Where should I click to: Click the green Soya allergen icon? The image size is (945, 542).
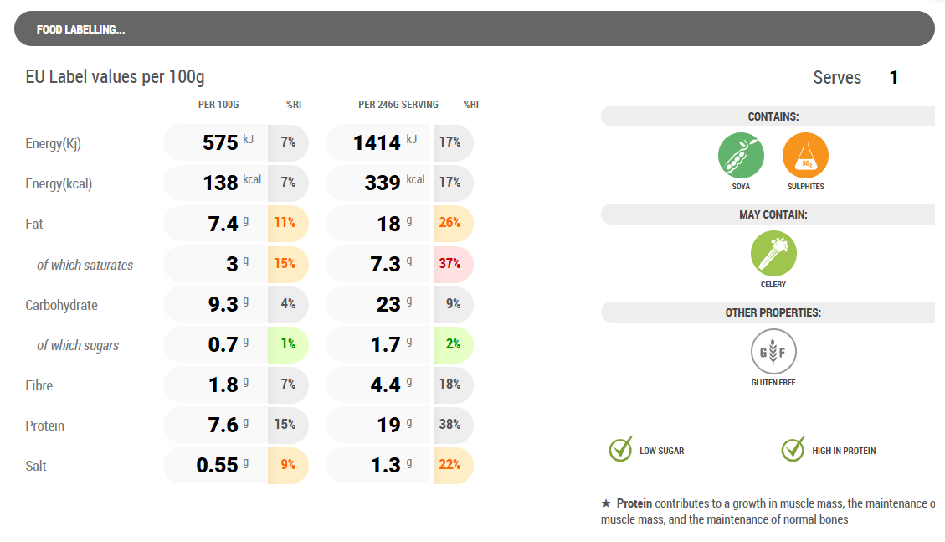[741, 156]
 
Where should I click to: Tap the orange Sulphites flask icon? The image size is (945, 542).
[805, 156]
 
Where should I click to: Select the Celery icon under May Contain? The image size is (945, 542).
[773, 254]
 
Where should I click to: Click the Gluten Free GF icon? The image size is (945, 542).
[773, 352]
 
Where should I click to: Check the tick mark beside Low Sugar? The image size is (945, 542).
[620, 450]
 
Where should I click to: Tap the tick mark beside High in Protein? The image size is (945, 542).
[793, 450]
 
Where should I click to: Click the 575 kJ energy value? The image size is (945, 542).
[221, 143]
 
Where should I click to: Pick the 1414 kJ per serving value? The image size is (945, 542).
[377, 143]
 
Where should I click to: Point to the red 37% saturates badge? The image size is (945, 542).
[451, 264]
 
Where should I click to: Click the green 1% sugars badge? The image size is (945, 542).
[287, 344]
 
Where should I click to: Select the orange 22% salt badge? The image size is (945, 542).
[451, 465]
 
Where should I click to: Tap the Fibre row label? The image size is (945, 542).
[39, 385]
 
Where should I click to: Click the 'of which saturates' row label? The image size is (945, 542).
[85, 265]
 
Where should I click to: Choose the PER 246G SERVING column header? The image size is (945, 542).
[398, 105]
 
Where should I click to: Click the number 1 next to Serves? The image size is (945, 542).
[894, 78]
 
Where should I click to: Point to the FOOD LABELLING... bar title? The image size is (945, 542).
[81, 30]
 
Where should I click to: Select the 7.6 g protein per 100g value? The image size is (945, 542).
[224, 426]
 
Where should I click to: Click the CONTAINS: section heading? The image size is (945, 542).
[773, 117]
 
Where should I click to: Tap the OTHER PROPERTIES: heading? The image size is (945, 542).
[773, 312]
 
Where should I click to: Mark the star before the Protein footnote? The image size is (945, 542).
[606, 503]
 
